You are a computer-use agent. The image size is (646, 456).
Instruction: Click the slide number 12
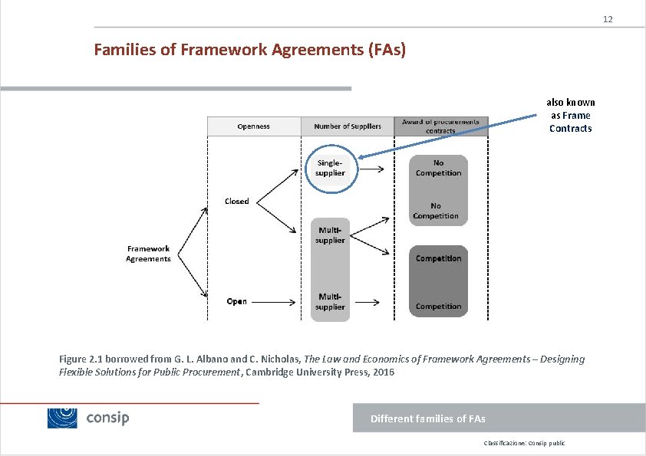tap(608, 18)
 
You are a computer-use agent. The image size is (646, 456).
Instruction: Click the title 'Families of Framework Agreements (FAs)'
tap(249, 51)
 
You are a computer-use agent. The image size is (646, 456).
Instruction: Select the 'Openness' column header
tap(253, 126)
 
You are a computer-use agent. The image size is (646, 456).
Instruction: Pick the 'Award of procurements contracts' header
tap(440, 126)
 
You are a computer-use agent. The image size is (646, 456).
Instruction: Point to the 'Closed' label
tap(237, 201)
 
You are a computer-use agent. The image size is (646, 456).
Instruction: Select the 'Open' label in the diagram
tap(237, 301)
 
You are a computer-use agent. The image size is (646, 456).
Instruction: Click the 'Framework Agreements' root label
tap(148, 254)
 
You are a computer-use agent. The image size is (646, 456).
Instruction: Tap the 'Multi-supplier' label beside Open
tap(330, 301)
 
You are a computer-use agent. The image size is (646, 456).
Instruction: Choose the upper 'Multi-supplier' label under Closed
tap(330, 235)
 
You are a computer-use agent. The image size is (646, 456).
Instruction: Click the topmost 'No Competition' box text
tap(438, 168)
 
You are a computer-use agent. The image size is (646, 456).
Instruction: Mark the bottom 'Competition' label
tap(438, 307)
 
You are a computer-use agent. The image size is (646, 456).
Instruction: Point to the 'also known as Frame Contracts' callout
tap(570, 116)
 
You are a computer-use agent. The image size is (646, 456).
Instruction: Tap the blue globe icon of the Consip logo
tap(63, 418)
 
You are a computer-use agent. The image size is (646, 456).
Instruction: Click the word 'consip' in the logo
tap(107, 418)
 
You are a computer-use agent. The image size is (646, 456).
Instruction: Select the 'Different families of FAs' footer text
tap(427, 418)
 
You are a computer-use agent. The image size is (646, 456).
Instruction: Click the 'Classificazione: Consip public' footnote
tap(524, 443)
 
